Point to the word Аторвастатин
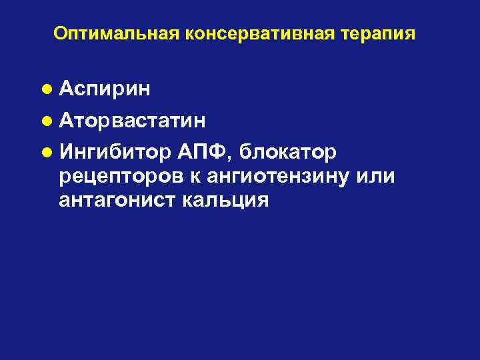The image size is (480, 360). point(132,121)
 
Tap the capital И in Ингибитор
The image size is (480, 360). point(66,153)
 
